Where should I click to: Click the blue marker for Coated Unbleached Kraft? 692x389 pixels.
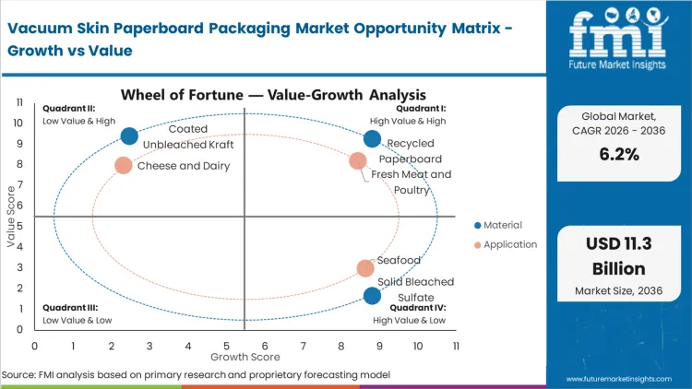pyautogui.click(x=129, y=136)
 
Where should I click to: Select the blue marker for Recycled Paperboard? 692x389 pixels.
pyautogui.click(x=372, y=139)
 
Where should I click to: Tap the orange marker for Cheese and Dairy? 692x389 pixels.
pyautogui.click(x=124, y=166)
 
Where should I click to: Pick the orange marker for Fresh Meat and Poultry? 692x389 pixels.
pyautogui.click(x=358, y=161)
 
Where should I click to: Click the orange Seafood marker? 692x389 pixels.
pyautogui.click(x=365, y=268)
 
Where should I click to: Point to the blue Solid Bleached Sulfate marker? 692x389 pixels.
pyautogui.click(x=372, y=296)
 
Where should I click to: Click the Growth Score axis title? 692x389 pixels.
pyautogui.click(x=244, y=356)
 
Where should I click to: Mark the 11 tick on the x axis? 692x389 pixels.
pyautogui.click(x=456, y=346)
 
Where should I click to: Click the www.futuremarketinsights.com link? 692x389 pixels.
pyautogui.click(x=624, y=379)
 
